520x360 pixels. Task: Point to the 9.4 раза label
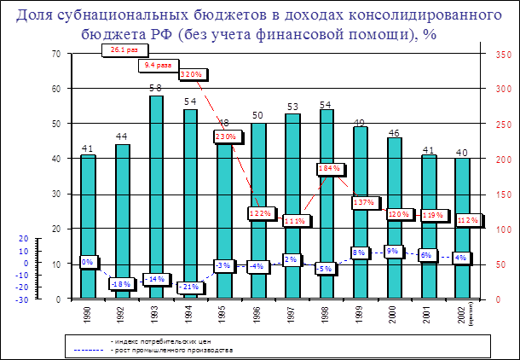[x=158, y=66]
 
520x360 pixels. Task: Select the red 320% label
[x=191, y=74]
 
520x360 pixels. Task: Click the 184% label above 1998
[x=330, y=168]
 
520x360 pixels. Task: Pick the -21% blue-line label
[x=189, y=287]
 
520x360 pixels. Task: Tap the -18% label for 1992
[x=121, y=283]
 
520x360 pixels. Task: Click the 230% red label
[x=225, y=136]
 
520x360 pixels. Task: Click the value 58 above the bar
[x=156, y=88]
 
